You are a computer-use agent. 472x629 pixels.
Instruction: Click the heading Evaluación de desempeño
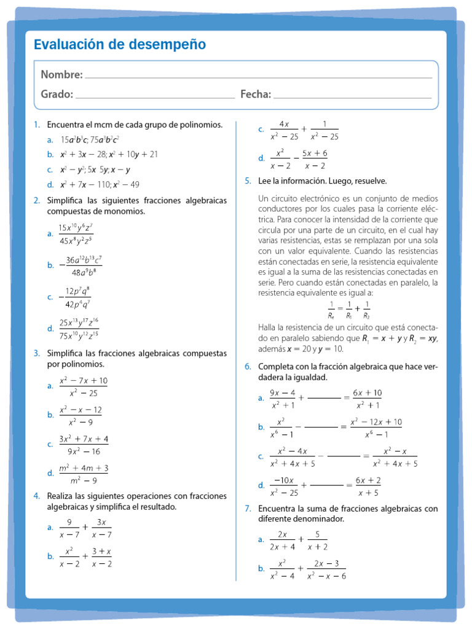[120, 45]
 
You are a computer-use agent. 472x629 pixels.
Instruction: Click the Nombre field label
[61, 74]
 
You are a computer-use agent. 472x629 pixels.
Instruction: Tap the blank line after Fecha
[352, 96]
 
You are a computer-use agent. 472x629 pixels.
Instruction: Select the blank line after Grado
[155, 96]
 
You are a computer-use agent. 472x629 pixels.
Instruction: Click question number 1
[36, 125]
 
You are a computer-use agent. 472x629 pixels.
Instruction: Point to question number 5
[248, 181]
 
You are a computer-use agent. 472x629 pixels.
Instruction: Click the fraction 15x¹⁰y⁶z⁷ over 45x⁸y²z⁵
[76, 234]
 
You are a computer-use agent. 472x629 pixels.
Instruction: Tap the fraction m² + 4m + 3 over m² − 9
[84, 474]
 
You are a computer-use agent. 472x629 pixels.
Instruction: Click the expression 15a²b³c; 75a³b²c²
[90, 140]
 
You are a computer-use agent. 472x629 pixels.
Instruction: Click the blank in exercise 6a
[324, 398]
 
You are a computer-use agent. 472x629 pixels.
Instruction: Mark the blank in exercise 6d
[326, 486]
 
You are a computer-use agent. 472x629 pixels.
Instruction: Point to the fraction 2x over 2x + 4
[282, 540]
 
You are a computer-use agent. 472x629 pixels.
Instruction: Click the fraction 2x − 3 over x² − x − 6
[326, 569]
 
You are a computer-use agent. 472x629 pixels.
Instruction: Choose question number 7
[248, 509]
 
